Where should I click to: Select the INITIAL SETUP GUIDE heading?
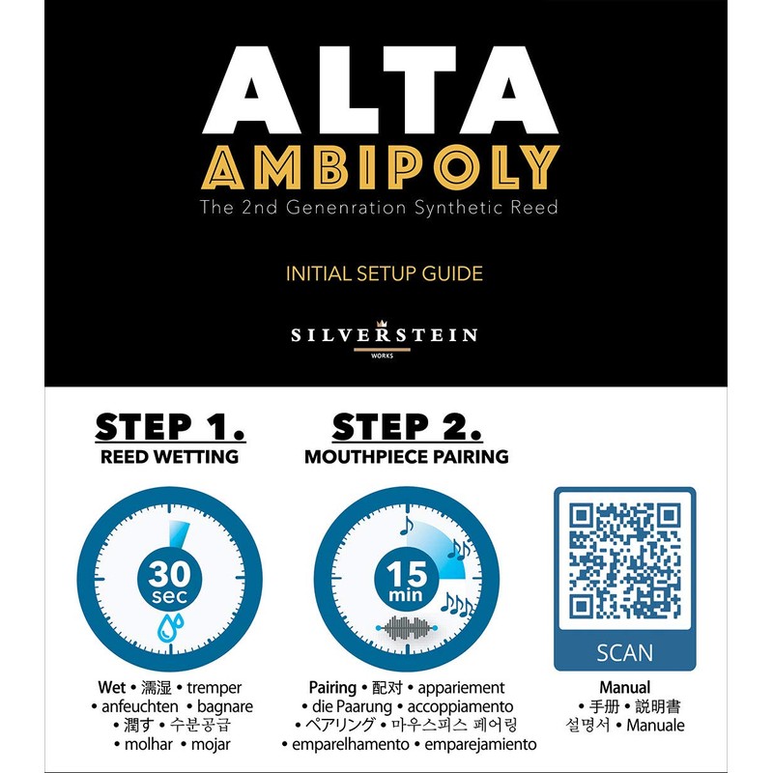385,273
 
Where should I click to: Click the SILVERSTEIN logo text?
385,335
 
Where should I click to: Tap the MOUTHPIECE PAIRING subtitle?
407,457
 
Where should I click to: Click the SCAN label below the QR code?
623,652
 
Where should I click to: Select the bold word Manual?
624,688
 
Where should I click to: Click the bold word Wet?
112,688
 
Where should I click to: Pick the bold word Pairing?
332,688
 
